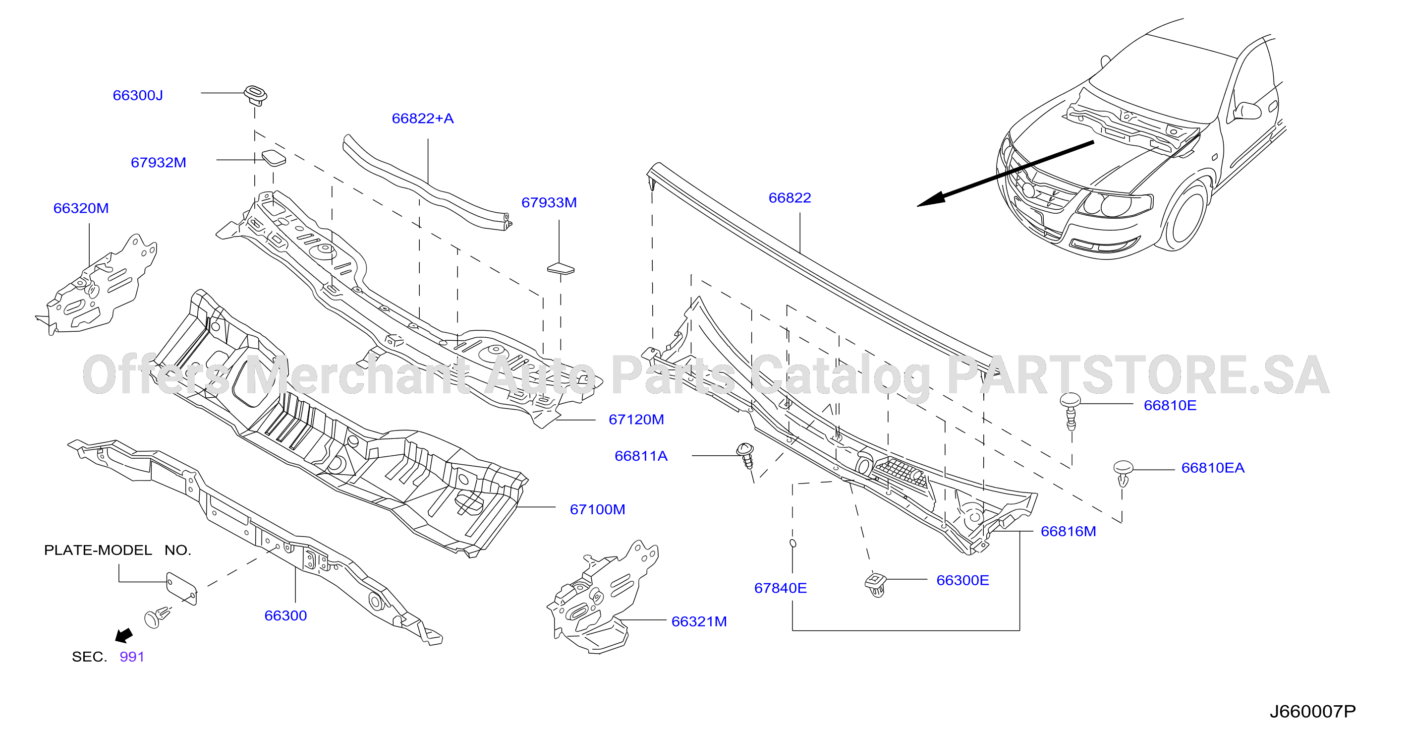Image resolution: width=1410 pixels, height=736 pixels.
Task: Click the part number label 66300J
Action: (x=138, y=95)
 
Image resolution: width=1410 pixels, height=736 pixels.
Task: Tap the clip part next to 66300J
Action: (x=255, y=95)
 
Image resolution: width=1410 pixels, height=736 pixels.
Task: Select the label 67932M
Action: (x=158, y=163)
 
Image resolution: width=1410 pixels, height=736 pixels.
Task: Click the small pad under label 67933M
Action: (x=561, y=268)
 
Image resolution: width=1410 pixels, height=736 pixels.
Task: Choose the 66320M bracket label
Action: (x=81, y=208)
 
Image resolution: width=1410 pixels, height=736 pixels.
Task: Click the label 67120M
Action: (x=636, y=420)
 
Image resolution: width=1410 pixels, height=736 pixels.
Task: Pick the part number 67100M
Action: (x=597, y=509)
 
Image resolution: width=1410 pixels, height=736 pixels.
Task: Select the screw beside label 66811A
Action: (x=746, y=455)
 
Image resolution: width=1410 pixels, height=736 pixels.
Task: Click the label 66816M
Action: (x=1068, y=531)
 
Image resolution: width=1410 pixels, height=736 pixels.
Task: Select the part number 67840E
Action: (x=780, y=588)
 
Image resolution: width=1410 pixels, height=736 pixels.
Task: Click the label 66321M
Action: (x=699, y=621)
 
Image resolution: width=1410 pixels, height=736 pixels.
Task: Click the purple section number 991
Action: (x=132, y=657)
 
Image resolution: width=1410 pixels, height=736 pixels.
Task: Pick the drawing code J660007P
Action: (x=1312, y=712)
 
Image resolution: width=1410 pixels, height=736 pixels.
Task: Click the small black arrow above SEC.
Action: (x=124, y=635)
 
